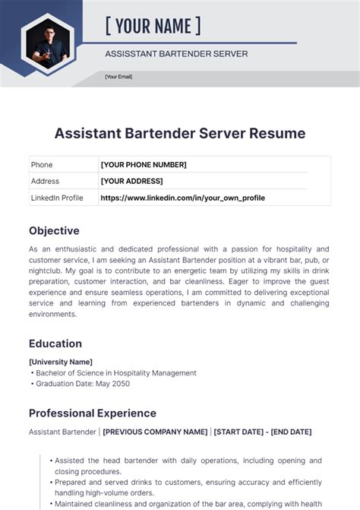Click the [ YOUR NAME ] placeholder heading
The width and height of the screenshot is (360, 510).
pyautogui.click(x=153, y=27)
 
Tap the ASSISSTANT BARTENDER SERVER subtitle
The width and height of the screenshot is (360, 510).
pyautogui.click(x=176, y=54)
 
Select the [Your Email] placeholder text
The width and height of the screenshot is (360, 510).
pyautogui.click(x=118, y=77)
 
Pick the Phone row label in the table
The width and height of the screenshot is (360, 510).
pyautogui.click(x=42, y=165)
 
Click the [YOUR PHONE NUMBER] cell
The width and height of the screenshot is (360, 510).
pyautogui.click(x=144, y=165)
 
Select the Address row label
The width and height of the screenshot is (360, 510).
pyautogui.click(x=45, y=181)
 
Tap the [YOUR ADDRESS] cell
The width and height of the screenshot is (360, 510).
pyautogui.click(x=131, y=181)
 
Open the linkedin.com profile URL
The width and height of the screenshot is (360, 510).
pyautogui.click(x=182, y=198)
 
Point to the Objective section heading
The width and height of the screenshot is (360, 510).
pyautogui.click(x=54, y=230)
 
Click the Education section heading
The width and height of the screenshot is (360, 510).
pyautogui.click(x=55, y=344)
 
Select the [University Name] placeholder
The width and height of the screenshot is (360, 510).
pyautogui.click(x=61, y=362)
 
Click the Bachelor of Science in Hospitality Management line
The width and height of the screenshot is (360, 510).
pyautogui.click(x=115, y=373)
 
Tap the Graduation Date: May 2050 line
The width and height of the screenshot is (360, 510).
pyautogui.click(x=84, y=384)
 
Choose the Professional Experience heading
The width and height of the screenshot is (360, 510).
pyautogui.click(x=93, y=413)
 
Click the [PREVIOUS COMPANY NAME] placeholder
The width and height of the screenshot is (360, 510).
pyautogui.click(x=155, y=432)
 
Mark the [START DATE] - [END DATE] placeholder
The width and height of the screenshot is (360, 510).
pyautogui.click(x=263, y=432)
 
